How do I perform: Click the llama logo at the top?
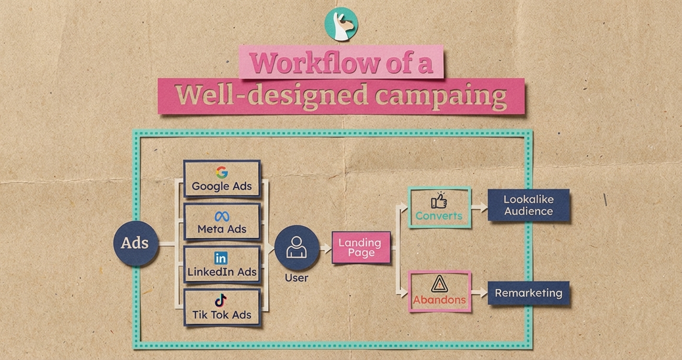(341, 23)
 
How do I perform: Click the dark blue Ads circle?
(135, 243)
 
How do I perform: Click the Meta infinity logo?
(222, 216)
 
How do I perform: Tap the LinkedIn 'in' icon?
(221, 259)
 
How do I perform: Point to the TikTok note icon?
(221, 301)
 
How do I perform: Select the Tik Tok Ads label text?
(222, 315)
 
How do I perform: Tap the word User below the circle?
(296, 278)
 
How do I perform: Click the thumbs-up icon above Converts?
(439, 201)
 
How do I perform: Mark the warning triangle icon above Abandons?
(439, 284)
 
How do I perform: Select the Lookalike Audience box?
(528, 205)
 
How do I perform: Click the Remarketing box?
(528, 293)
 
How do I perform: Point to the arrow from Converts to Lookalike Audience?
(479, 207)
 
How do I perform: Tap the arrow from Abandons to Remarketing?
(479, 292)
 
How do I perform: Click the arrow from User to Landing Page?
(326, 248)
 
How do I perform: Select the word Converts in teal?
(439, 216)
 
